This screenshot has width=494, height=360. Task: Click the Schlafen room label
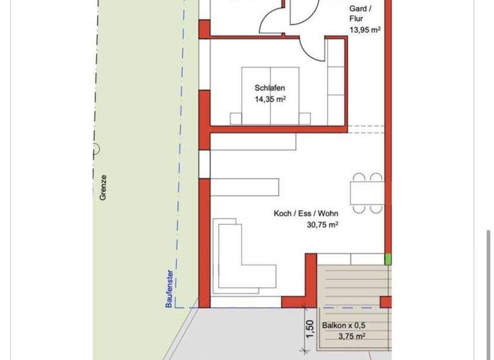pyautogui.click(x=270, y=88)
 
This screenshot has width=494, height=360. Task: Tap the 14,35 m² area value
pyautogui.click(x=270, y=99)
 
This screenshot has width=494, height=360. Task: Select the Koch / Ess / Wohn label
pyautogui.click(x=306, y=213)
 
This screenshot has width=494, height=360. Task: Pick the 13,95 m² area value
pyautogui.click(x=364, y=30)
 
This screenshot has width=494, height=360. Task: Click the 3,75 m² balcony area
pyautogui.click(x=352, y=336)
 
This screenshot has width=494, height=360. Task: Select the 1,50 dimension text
pyautogui.click(x=309, y=329)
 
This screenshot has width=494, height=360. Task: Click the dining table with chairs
pyautogui.click(x=367, y=192)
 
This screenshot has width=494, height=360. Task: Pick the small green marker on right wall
pyautogui.click(x=388, y=259)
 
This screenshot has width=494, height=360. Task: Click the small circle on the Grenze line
pyautogui.click(x=95, y=149)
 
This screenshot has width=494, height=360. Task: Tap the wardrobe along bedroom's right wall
pyautogui.click(x=336, y=80)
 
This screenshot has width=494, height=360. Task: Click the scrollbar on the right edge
pyautogui.click(x=489, y=289)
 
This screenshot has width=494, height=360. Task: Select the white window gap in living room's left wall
pyautogui.click(x=205, y=165)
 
